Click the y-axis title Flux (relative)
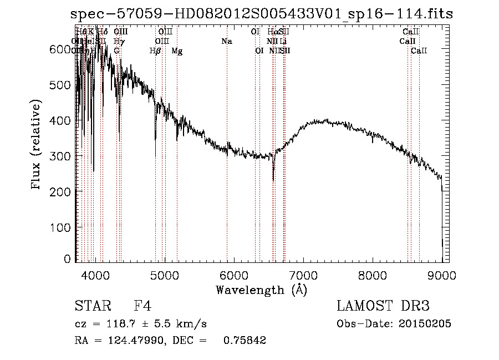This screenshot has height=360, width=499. click(37, 145)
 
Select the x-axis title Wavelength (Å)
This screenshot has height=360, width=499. click(261, 290)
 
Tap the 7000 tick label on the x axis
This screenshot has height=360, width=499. click(303, 275)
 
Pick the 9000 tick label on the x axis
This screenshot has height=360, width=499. click(442, 275)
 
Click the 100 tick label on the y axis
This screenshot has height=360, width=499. click(63, 227)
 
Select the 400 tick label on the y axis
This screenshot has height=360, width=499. click(63, 120)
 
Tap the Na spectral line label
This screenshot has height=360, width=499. click(226, 42)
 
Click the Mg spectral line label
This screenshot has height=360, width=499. click(177, 51)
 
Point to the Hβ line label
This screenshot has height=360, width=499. click(155, 51)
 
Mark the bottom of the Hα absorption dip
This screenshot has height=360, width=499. click(273, 179)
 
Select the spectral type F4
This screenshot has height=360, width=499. click(142, 307)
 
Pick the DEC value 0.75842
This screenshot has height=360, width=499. click(245, 341)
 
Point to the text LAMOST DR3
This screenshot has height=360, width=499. click(383, 307)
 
